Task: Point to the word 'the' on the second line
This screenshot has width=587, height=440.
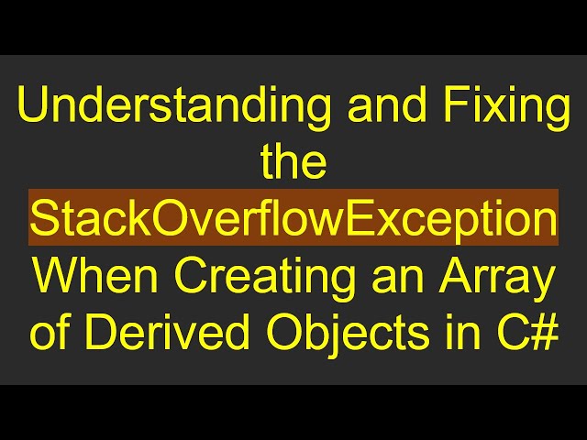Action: (293, 163)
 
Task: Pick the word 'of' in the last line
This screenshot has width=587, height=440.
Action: (50, 333)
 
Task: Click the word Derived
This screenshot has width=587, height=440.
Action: (147, 333)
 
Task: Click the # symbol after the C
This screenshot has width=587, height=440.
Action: (544, 333)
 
